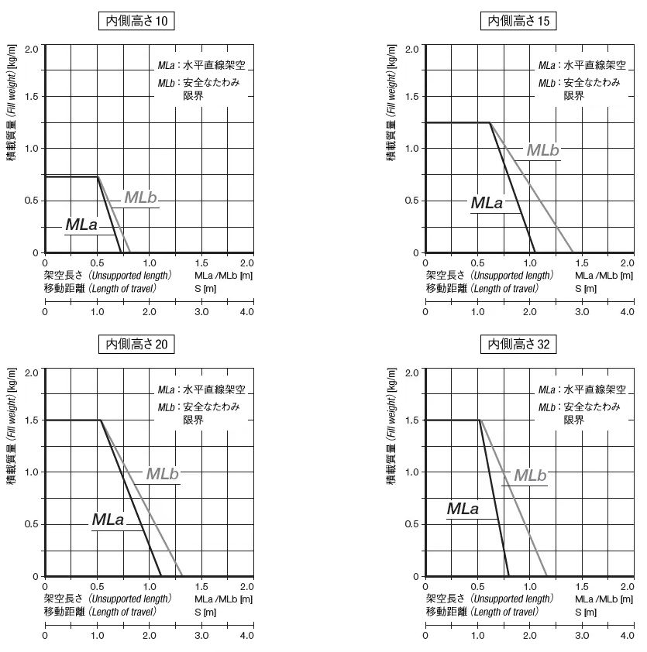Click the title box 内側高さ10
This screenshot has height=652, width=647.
[x=136, y=21]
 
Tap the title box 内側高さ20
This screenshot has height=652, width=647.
[x=136, y=344]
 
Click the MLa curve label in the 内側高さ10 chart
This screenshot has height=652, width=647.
[x=81, y=225]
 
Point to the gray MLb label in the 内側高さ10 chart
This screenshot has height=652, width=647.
[x=140, y=197]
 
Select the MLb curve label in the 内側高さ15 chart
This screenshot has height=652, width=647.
[x=542, y=150]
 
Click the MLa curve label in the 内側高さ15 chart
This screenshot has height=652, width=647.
[x=487, y=203]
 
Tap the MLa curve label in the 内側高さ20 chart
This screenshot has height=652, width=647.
[x=108, y=520]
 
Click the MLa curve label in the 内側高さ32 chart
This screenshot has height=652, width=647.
[x=463, y=509]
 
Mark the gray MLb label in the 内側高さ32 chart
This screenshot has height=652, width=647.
[x=530, y=475]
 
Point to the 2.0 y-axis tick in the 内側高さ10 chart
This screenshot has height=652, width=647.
[x=31, y=48]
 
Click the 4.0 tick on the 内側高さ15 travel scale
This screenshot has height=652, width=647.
[x=628, y=312]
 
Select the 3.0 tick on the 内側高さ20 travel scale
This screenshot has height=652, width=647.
[x=201, y=636]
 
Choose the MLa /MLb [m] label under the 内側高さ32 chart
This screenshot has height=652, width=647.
[x=604, y=599]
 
